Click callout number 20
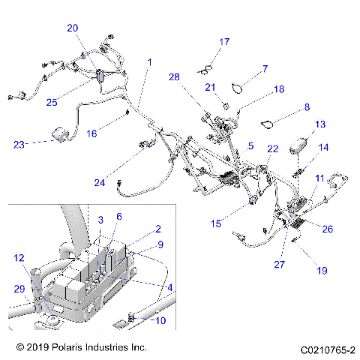pyautogui.click(x=72, y=28)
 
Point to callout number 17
pyautogui.click(x=224, y=41)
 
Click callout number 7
pyautogui.click(x=265, y=69)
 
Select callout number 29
pyautogui.click(x=19, y=289)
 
